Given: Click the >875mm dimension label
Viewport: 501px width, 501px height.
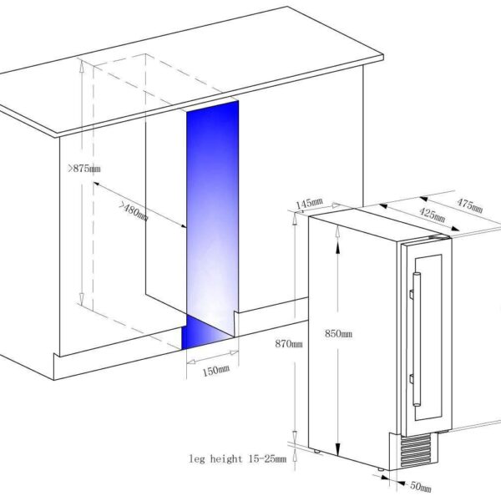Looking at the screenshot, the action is pos(84,169).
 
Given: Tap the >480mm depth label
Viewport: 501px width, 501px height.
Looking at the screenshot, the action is pos(134,211).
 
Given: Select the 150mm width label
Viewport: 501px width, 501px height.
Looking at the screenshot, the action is pos(216,370).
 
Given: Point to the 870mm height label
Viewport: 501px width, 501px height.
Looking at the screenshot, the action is pos(289,344).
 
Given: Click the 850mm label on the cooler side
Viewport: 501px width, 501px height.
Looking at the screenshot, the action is pos(338,333).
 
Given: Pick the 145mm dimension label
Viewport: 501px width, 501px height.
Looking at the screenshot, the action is pos(309,204).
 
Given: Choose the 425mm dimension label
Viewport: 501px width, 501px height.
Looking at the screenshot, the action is pos(432,215).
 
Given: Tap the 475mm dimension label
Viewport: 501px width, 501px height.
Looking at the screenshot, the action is pos(469,205).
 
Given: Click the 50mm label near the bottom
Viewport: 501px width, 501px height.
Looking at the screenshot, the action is pos(421,487).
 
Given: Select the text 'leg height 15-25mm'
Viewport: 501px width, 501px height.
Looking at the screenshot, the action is pos(237,459).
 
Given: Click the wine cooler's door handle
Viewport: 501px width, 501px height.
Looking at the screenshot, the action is pos(416,339).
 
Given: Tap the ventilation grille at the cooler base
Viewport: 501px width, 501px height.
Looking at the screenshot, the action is pos(416,450).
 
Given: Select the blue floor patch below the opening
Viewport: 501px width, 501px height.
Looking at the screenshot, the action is pos(207,332).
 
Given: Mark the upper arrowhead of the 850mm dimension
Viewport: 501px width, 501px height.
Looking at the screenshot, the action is pos(337,231).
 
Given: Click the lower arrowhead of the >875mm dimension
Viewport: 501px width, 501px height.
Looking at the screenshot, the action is pos(82,298).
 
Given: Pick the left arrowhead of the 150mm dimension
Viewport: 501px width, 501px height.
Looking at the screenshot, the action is pos(191,362).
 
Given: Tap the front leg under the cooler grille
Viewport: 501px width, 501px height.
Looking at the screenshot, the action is pos(380,469).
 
